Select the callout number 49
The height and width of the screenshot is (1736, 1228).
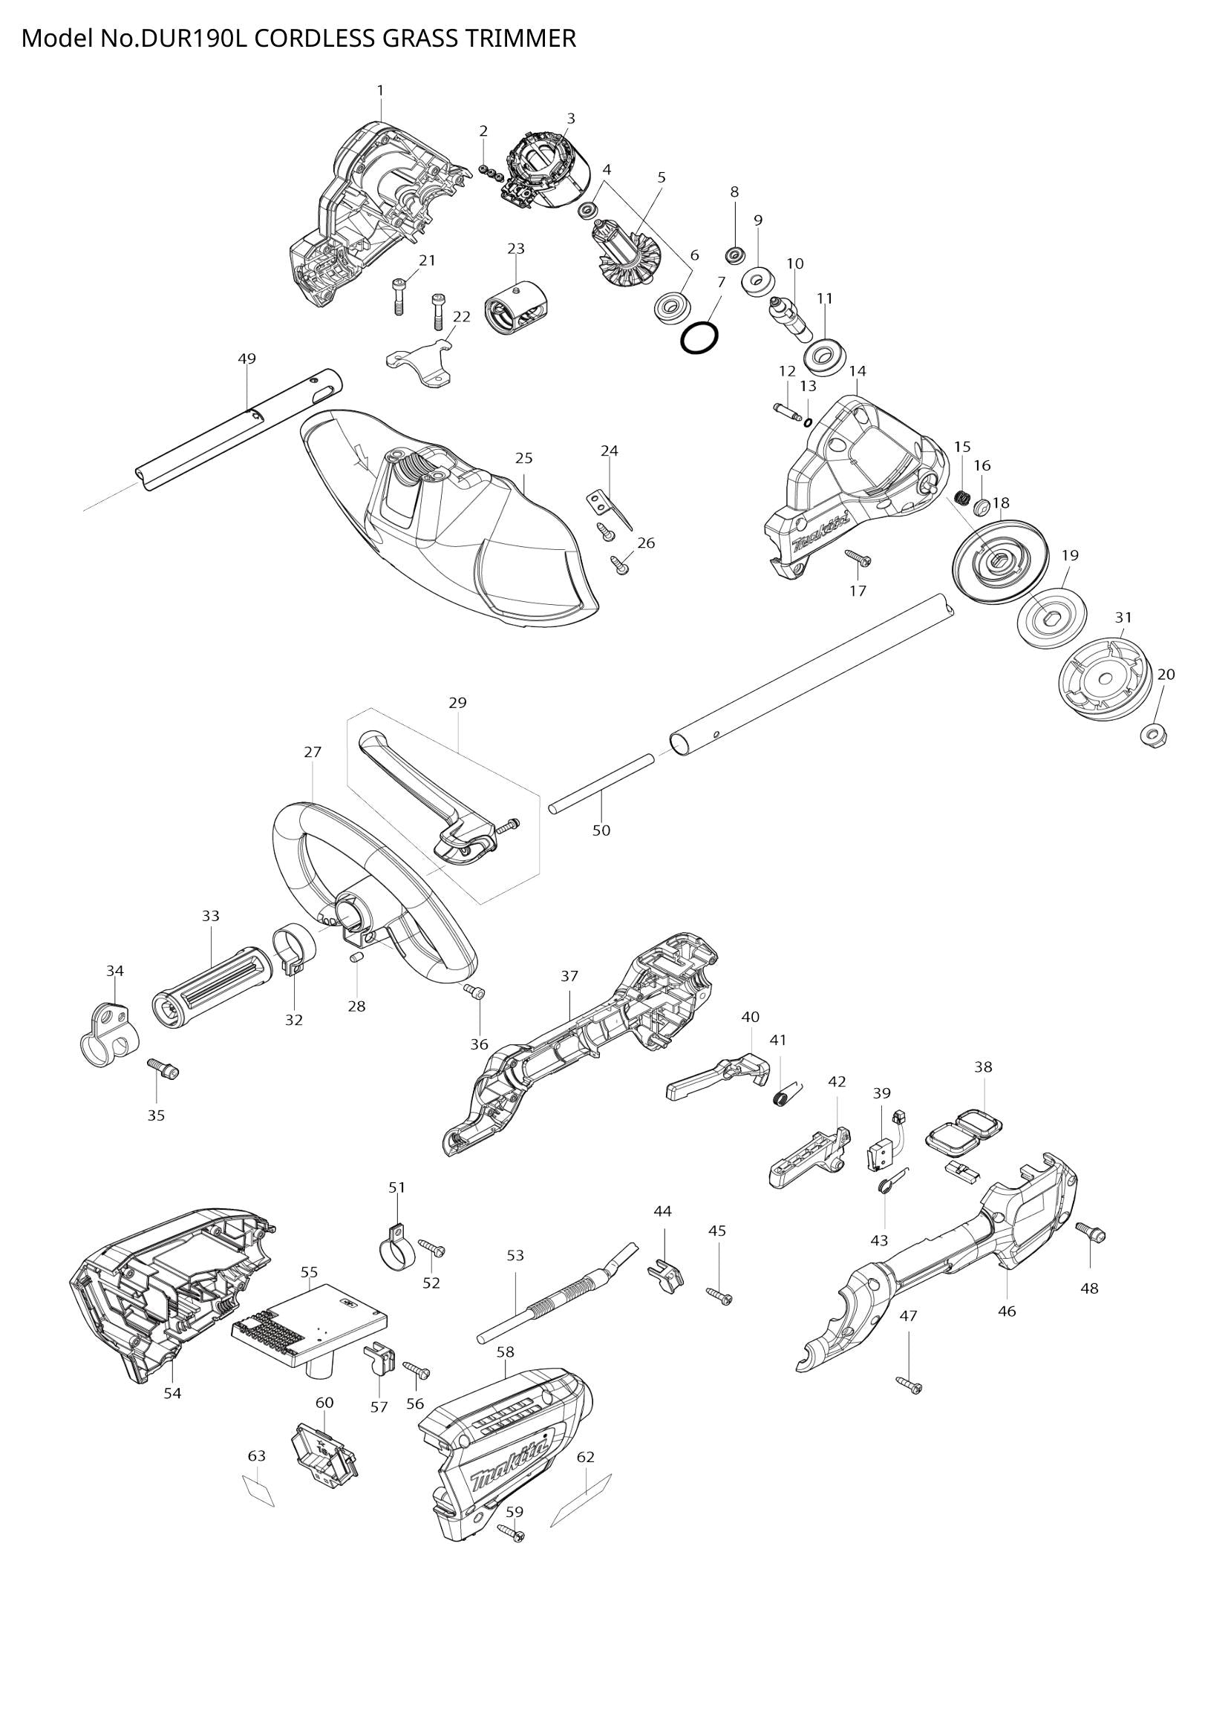click(246, 358)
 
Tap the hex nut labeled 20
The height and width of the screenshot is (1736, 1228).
click(1154, 733)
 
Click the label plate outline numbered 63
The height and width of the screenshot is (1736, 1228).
click(258, 1490)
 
